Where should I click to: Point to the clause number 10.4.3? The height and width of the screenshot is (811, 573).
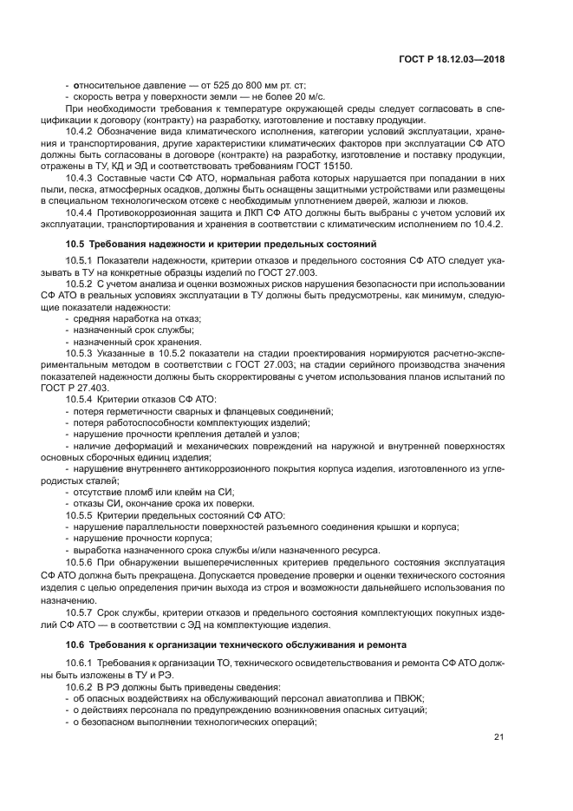[x=81, y=178]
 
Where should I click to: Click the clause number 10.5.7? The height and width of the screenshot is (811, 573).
[x=81, y=613]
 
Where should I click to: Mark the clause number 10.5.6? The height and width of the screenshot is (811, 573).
[x=81, y=562]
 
